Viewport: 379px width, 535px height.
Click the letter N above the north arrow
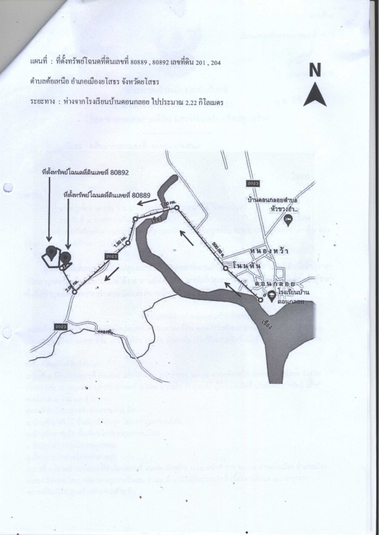coord(315,70)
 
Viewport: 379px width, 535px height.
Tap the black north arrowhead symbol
coord(314,94)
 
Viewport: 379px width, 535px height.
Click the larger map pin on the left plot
coord(52,252)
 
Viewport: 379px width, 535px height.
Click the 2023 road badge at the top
coord(253,183)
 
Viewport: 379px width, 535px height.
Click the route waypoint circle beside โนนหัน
coord(226,267)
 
